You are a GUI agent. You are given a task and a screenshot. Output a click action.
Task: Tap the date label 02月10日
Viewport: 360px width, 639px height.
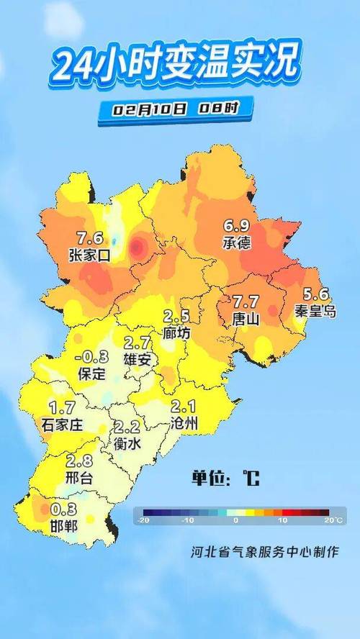click(150, 109)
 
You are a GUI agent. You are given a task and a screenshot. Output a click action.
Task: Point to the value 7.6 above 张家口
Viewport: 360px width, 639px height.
click(90, 238)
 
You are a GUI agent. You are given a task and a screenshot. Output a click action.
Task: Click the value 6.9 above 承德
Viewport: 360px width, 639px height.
click(237, 227)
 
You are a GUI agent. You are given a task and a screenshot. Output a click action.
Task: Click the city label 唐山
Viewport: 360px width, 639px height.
click(246, 318)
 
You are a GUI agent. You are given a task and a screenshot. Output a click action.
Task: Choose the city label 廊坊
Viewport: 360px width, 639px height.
click(176, 333)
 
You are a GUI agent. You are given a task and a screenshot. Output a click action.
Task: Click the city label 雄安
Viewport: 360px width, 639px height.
click(137, 359)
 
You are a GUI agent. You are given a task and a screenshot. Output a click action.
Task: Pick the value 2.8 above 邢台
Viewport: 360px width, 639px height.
click(78, 461)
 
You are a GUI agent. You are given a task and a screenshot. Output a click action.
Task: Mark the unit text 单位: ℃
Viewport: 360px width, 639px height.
click(225, 479)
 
